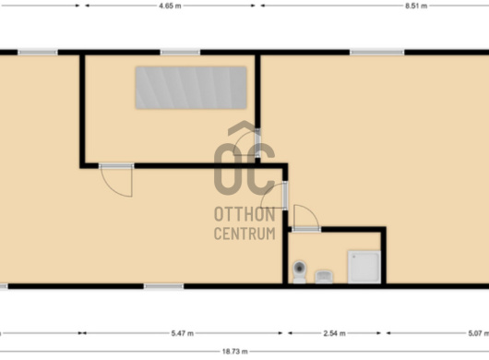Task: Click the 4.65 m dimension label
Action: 170,6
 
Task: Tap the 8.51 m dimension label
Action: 416,6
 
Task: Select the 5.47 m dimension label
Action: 182,333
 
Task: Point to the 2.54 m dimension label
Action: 334,333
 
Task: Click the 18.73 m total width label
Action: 235,352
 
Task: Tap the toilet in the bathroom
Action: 300,271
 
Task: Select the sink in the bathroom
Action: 324,277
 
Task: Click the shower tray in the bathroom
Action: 364,267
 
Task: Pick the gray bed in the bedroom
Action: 191,88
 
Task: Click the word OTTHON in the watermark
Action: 244,214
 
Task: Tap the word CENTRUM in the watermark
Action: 244,234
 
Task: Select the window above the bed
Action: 180,53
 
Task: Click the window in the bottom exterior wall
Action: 163,286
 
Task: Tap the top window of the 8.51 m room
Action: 377,53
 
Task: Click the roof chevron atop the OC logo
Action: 244,128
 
